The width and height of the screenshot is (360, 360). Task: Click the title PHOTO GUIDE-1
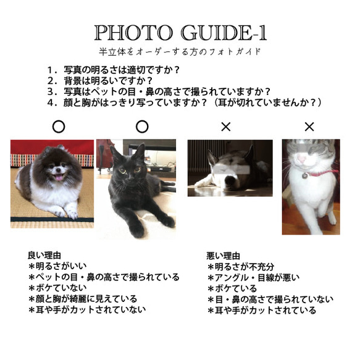point(180,33)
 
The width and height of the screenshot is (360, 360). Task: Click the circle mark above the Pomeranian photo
point(58,127)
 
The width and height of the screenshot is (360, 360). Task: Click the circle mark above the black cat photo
point(141,127)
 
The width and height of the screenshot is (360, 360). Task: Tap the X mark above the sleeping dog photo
point(225,127)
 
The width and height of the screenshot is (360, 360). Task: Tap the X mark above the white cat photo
point(309,127)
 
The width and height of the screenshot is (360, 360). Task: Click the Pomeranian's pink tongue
point(59,178)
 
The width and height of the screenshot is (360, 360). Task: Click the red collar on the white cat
point(321,172)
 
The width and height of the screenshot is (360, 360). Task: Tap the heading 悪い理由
point(224,255)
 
